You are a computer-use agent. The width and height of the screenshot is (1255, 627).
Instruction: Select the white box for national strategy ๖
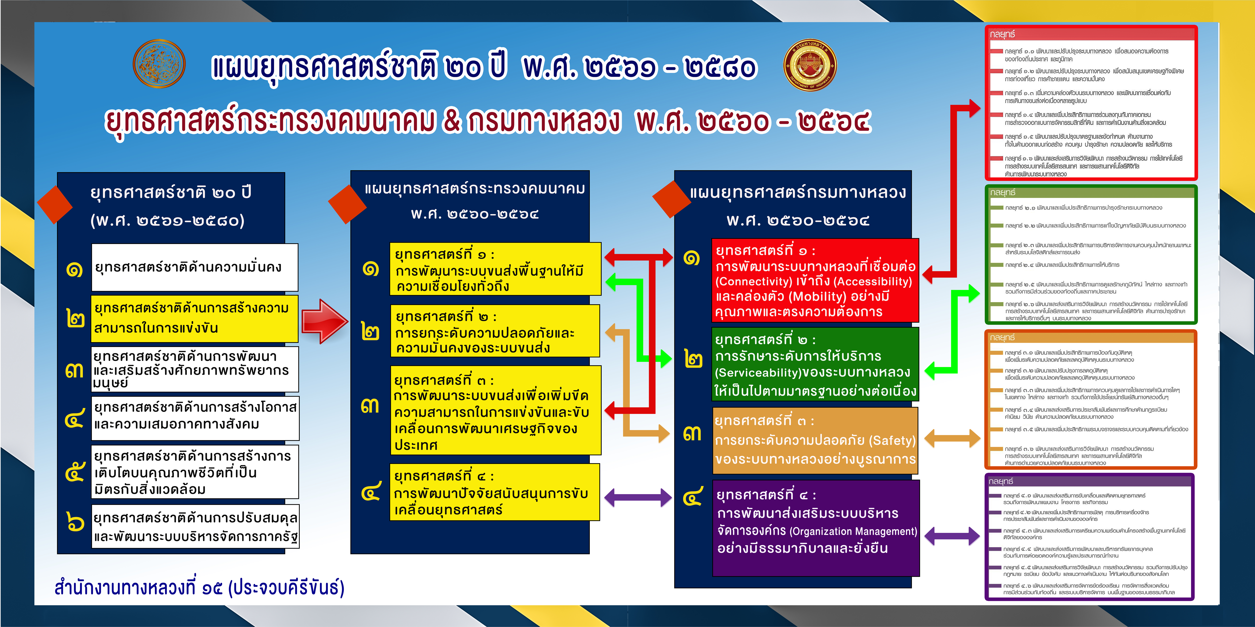pyautogui.click(x=195, y=527)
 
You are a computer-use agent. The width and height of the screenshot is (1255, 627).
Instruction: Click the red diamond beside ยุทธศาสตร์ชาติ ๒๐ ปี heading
pyautogui.click(x=55, y=204)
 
